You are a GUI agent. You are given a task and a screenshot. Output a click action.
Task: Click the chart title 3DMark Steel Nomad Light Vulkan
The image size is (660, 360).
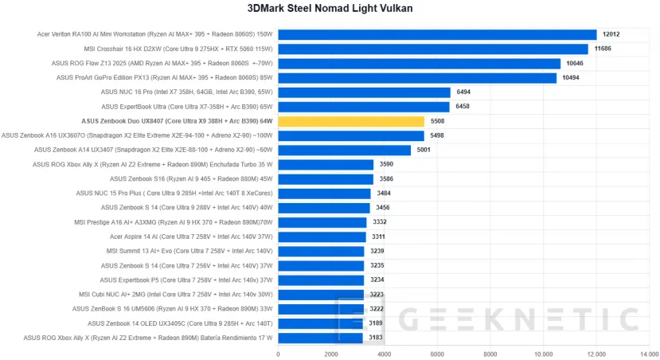[330, 8]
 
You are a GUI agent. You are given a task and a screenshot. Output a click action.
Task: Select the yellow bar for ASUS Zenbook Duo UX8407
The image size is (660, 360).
[350, 121]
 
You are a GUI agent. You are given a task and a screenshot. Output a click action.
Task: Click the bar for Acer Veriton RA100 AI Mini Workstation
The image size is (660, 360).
[437, 34]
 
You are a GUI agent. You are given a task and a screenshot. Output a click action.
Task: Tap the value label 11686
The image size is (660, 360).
[603, 49]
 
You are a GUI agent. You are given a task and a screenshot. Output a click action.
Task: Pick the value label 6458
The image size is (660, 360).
[465, 106]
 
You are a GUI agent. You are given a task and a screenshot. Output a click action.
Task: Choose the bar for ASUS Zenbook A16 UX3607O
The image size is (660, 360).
[350, 135]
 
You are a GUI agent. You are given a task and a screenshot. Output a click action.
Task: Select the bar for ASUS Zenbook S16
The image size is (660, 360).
[325, 178]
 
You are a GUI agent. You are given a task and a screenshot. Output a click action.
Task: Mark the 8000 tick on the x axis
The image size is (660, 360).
[490, 354]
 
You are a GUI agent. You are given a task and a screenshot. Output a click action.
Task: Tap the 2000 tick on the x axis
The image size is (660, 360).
[330, 354]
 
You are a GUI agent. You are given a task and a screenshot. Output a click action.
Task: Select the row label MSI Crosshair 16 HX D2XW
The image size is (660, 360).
[178, 49]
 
